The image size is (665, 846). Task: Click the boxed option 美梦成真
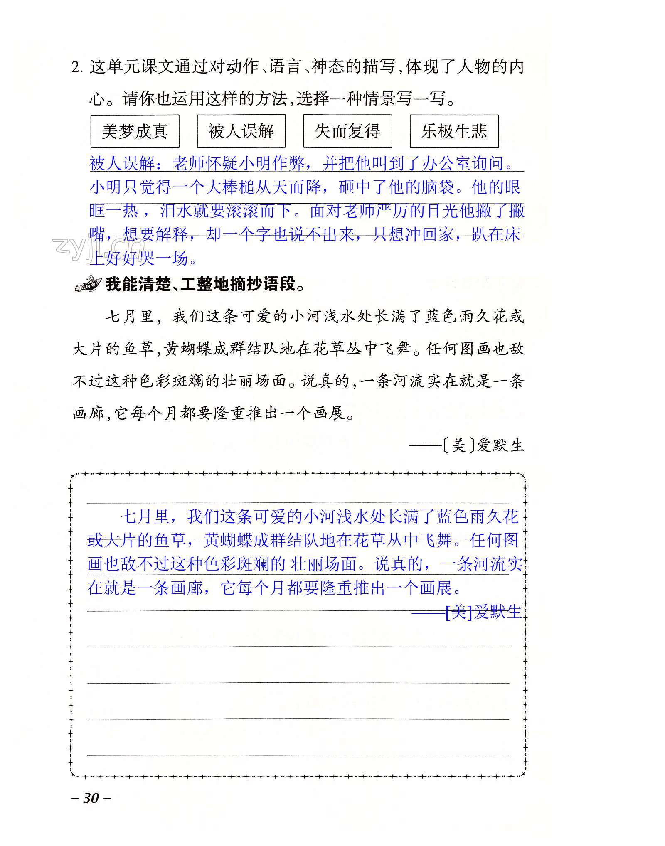[135, 131]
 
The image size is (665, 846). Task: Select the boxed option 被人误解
[241, 131]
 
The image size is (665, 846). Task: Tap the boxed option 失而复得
[347, 131]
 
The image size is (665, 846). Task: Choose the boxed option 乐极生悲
[454, 131]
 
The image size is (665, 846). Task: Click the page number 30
[91, 798]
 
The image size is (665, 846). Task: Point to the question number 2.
[77, 67]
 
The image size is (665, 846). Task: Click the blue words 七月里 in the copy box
[145, 517]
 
